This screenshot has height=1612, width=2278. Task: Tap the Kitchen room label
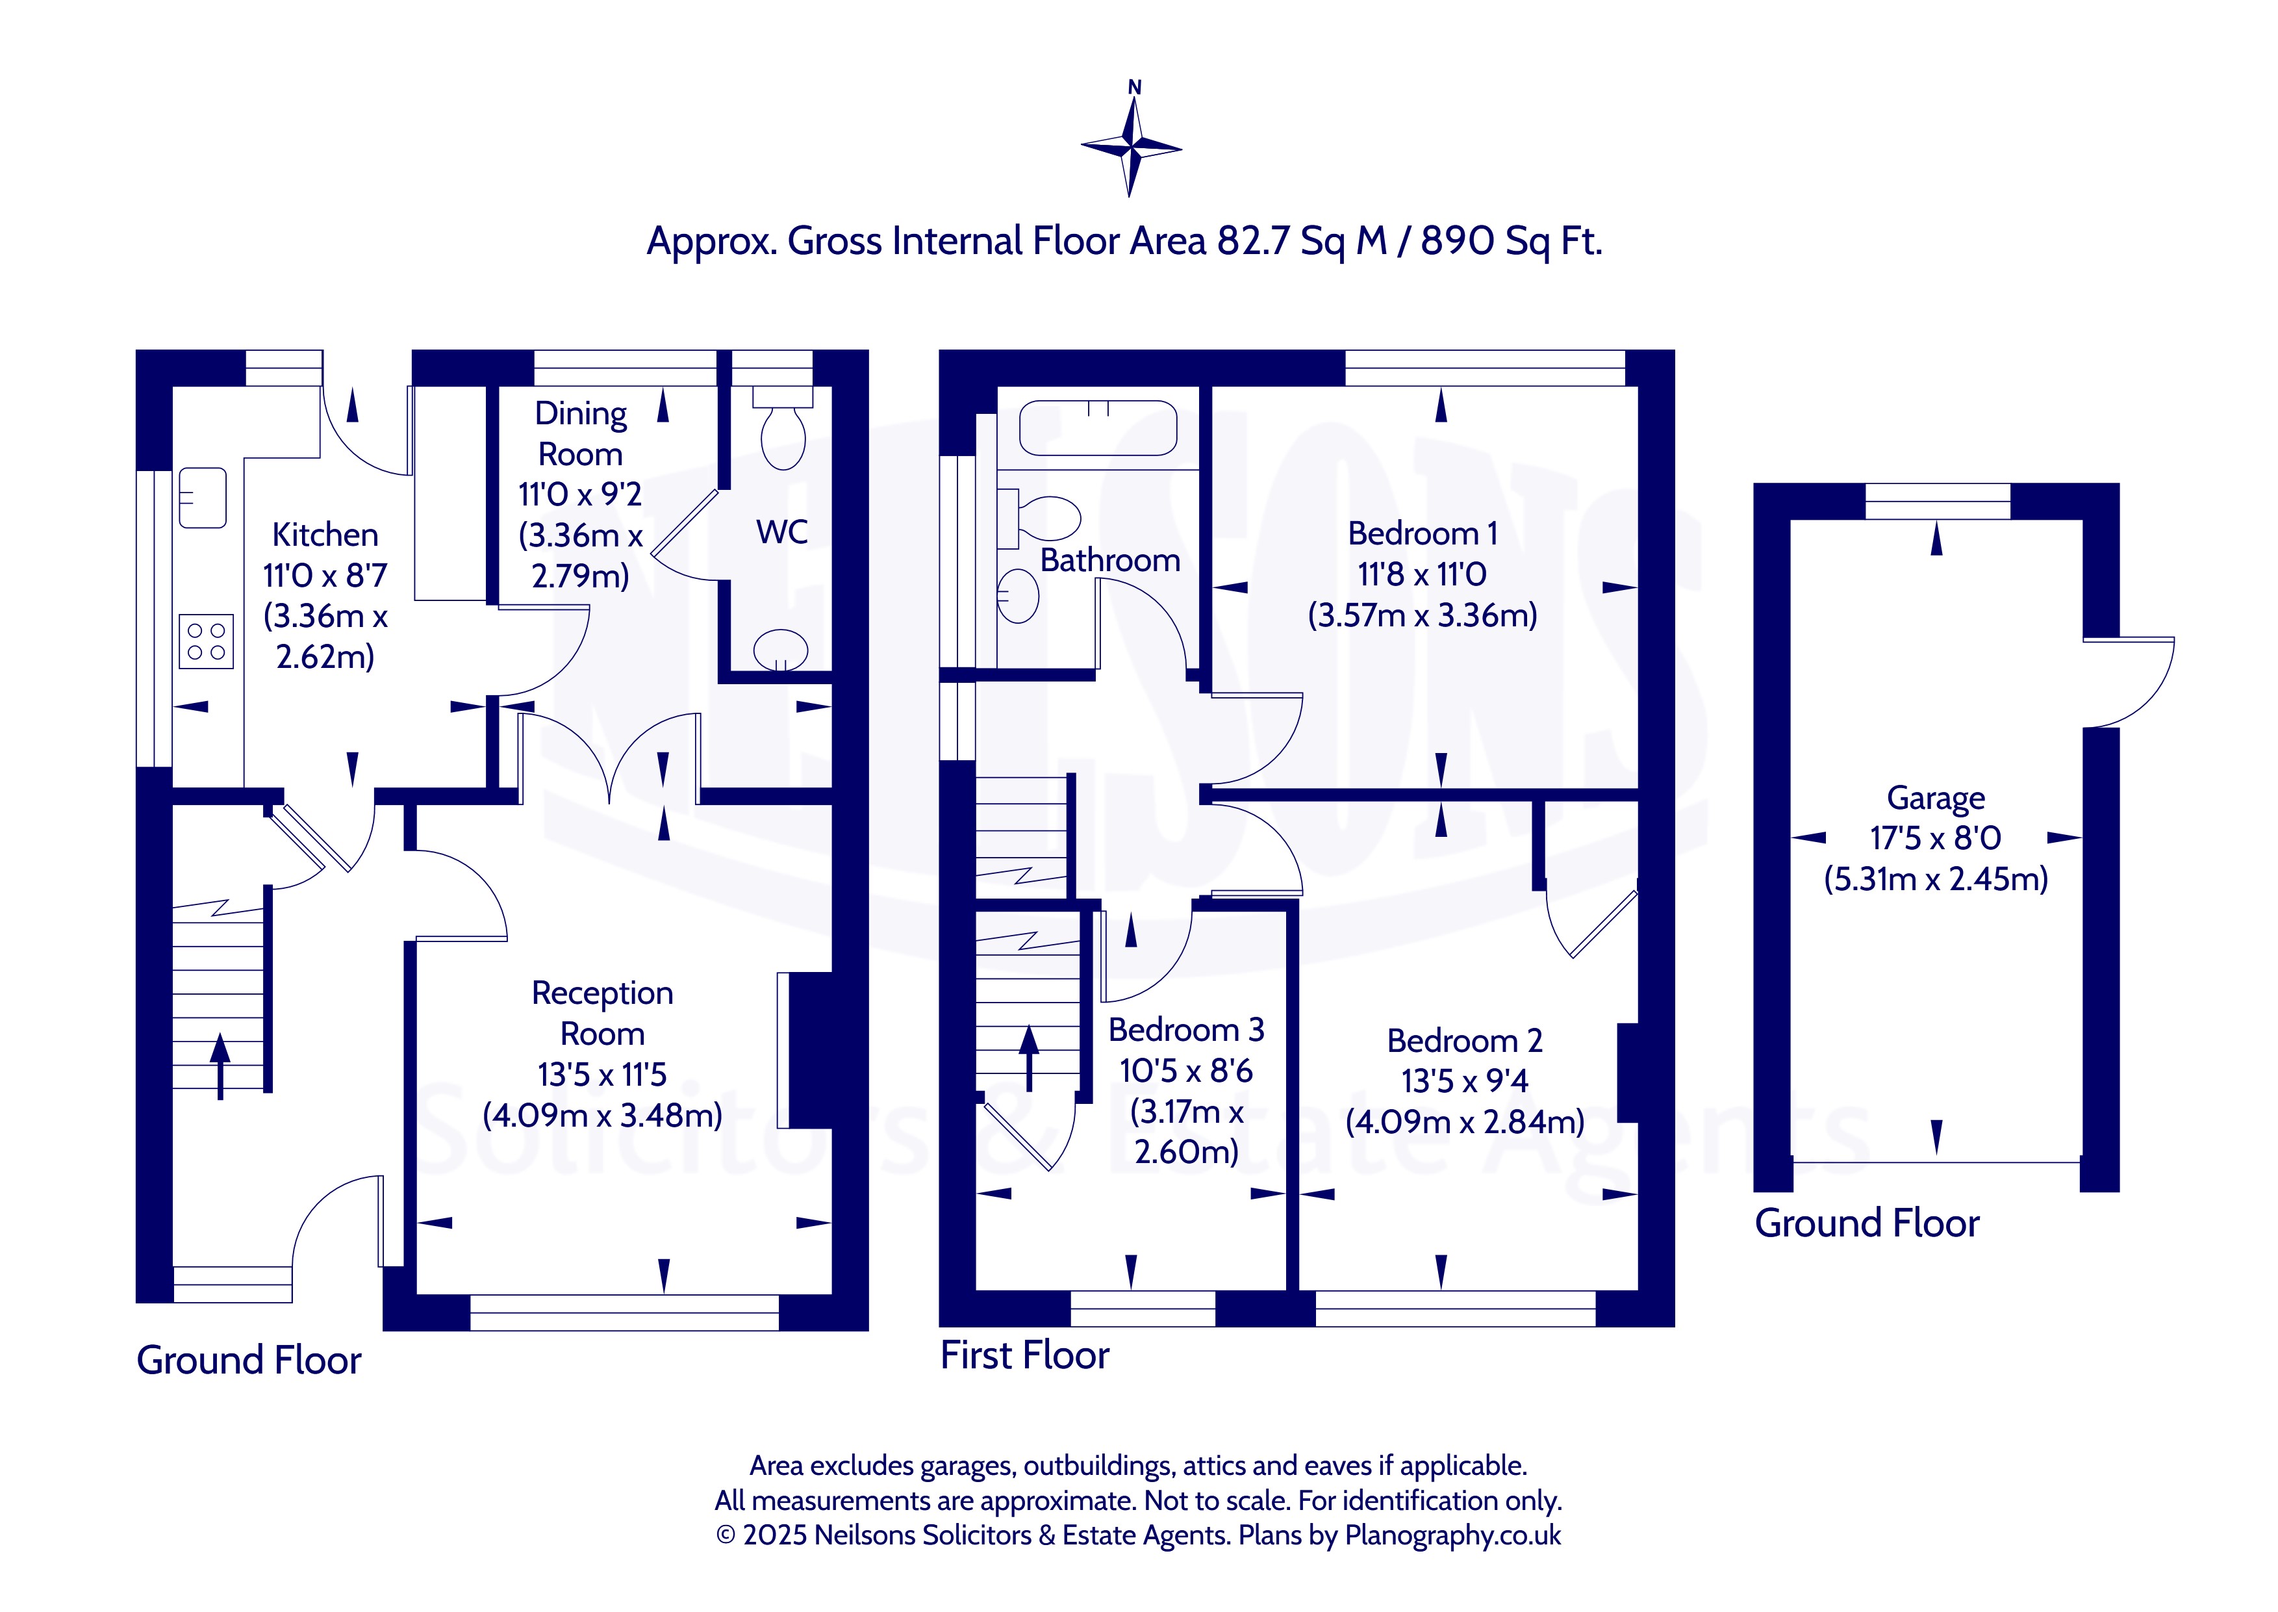point(325,535)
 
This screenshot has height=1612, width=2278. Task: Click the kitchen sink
point(203,497)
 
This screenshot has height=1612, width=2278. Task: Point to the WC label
point(782,532)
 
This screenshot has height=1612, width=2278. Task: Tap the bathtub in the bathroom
point(1098,428)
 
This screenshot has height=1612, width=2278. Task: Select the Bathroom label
point(1110,561)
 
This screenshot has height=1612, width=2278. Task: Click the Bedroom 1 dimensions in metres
point(1423,615)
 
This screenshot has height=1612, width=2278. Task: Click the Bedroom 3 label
point(1187,1030)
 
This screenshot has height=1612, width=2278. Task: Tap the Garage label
point(1936,798)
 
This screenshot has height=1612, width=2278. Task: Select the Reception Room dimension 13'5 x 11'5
point(602,1075)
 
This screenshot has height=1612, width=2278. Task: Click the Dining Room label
point(581,434)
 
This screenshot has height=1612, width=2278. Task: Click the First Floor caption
point(1025,1355)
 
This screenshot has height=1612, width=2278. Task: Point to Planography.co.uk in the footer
point(1452,1535)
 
